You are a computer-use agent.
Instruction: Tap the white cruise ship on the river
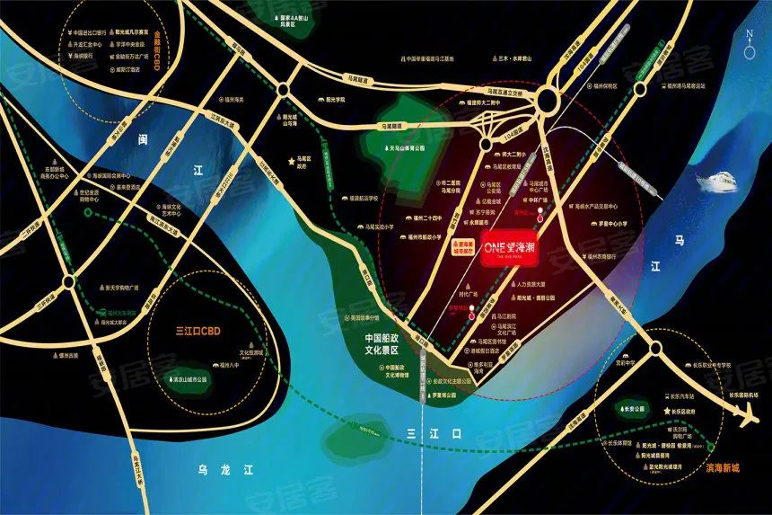pos(718,181)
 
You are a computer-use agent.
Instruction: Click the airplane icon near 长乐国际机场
pos(746,416)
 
